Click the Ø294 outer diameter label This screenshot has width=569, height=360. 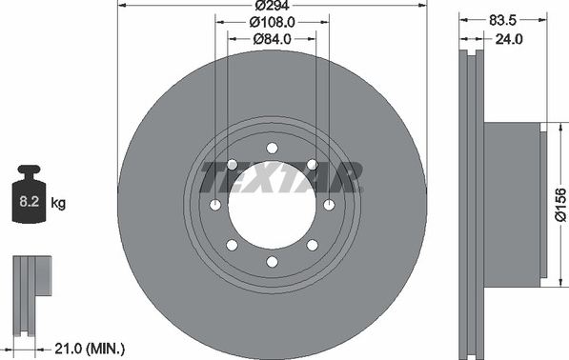coord(272,6)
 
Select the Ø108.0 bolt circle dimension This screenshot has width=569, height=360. coord(273,23)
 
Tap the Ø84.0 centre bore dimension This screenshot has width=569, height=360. coord(273,39)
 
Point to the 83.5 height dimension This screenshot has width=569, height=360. coord(502,20)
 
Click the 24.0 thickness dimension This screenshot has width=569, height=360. coord(509,39)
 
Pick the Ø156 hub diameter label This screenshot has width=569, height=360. coord(560,205)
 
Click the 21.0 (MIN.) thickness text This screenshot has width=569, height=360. coord(90,349)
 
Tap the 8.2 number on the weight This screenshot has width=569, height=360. coord(29,201)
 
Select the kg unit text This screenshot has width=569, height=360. coord(58,203)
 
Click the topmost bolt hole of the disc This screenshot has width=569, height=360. coord(272,149)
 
